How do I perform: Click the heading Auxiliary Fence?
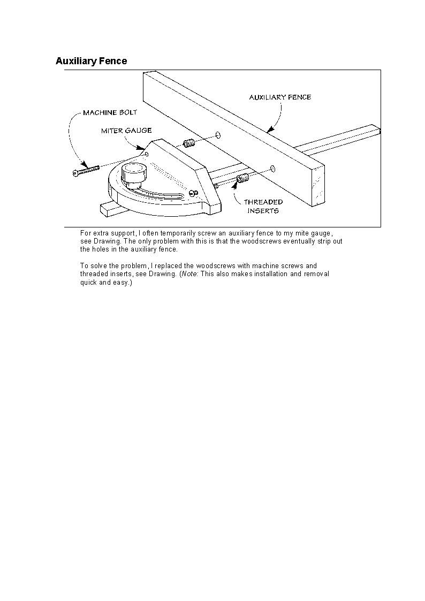pos(91,61)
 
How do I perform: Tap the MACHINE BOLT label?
pos(110,112)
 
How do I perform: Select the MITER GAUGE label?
pos(126,130)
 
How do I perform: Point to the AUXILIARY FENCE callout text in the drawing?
pos(280,97)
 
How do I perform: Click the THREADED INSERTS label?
pos(263,207)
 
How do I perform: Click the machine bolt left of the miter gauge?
pos(86,171)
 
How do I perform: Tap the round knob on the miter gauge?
pos(133,173)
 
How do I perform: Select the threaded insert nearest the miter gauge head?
pos(188,143)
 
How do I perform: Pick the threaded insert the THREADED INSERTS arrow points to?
pos(242,178)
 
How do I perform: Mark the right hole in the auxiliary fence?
pos(272,169)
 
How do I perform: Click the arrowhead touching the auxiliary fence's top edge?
pos(270,129)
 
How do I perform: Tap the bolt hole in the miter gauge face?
pos(147,154)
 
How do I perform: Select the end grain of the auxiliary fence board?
pos(318,185)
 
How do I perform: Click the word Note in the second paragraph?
pos(189,274)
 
